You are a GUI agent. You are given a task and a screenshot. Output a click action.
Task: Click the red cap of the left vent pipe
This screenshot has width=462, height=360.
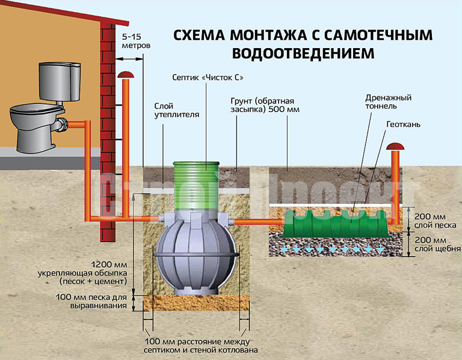[x=126, y=75]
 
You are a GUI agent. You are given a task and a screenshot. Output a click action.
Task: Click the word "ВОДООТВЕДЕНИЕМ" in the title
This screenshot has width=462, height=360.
[x=302, y=54]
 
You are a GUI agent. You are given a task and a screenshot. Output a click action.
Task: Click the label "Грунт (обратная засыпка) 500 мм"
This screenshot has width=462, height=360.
[x=265, y=105]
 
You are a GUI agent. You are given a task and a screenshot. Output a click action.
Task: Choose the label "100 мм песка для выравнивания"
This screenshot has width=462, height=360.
[x=100, y=302]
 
